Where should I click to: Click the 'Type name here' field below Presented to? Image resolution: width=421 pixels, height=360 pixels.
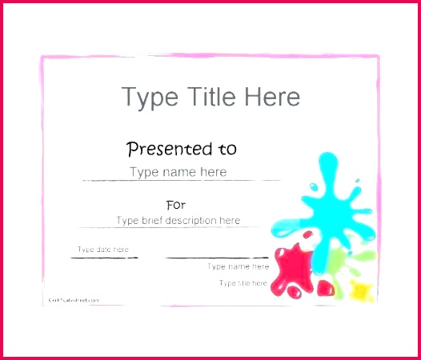point(178,172)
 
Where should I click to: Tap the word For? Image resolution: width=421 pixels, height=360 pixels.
point(175,205)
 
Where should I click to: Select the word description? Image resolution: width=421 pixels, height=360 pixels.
point(189,221)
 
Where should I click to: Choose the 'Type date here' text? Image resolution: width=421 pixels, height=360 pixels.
point(102,250)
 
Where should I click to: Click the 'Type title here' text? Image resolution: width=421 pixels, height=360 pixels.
point(243,283)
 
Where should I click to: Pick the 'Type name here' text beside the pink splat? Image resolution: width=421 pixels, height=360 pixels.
point(238,266)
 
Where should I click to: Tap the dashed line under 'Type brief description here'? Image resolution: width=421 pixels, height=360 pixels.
point(178,228)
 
